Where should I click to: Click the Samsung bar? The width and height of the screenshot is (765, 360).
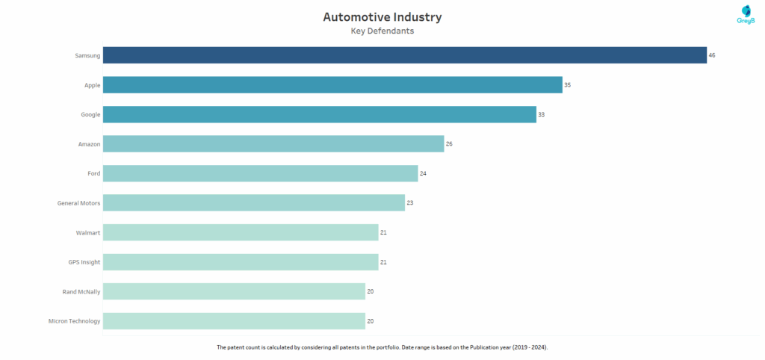[x=404, y=55]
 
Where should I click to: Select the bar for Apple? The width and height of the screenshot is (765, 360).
[x=332, y=85]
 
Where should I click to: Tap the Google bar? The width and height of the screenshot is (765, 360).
[x=319, y=114]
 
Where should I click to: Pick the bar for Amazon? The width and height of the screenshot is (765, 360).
[x=273, y=143]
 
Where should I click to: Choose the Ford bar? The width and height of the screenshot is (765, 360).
[x=260, y=173]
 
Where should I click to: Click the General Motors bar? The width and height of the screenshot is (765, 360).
[x=253, y=202]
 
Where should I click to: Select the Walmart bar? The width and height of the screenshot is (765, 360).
[x=241, y=232]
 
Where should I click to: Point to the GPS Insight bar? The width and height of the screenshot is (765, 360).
[x=241, y=261]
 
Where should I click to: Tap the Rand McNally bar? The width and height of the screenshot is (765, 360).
[x=234, y=291]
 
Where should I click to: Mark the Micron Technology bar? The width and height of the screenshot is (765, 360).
[x=234, y=320]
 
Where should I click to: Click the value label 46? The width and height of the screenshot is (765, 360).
[x=712, y=55]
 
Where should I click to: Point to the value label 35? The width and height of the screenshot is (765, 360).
[x=568, y=85]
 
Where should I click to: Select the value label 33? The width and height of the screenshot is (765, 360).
[x=542, y=114]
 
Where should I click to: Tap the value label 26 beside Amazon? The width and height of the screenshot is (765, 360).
[x=449, y=143]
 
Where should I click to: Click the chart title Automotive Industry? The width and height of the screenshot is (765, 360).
[x=382, y=16]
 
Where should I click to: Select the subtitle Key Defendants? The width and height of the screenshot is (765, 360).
[x=382, y=31]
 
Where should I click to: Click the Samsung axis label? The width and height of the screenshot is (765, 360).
[x=87, y=55]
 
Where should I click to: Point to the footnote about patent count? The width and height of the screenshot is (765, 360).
[x=382, y=347]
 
